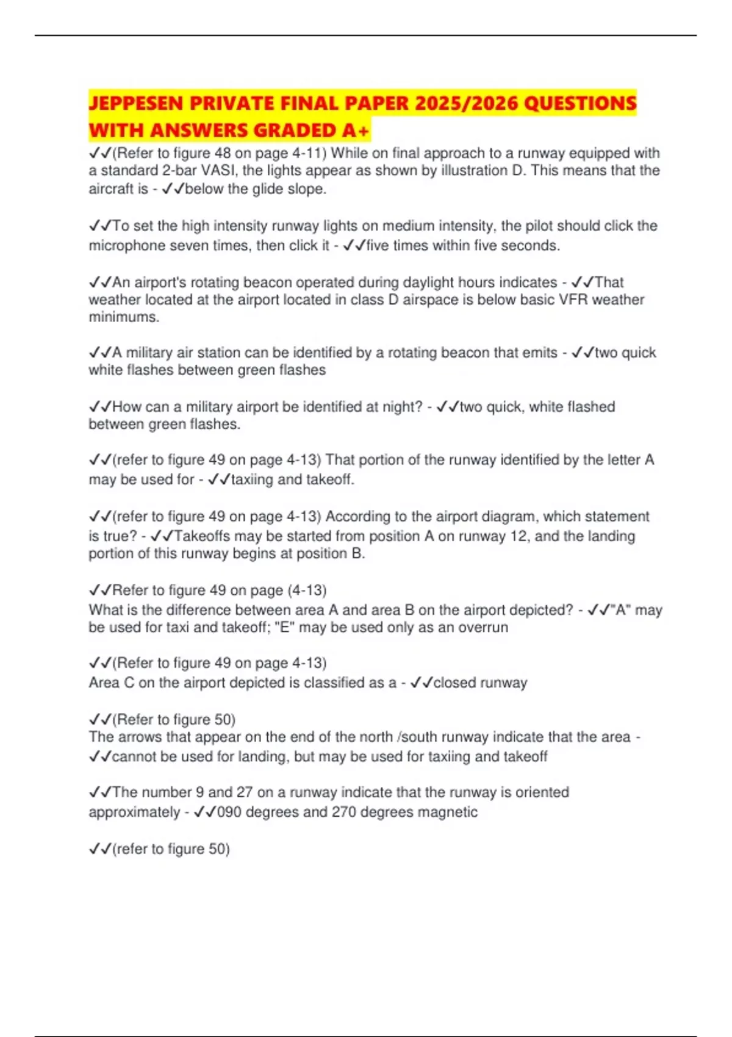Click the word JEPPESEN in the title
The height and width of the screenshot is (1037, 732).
tap(136, 103)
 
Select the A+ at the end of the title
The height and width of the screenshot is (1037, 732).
tap(356, 131)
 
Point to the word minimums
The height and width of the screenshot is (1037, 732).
tap(123, 317)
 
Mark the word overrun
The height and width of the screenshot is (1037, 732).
tap(483, 627)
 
